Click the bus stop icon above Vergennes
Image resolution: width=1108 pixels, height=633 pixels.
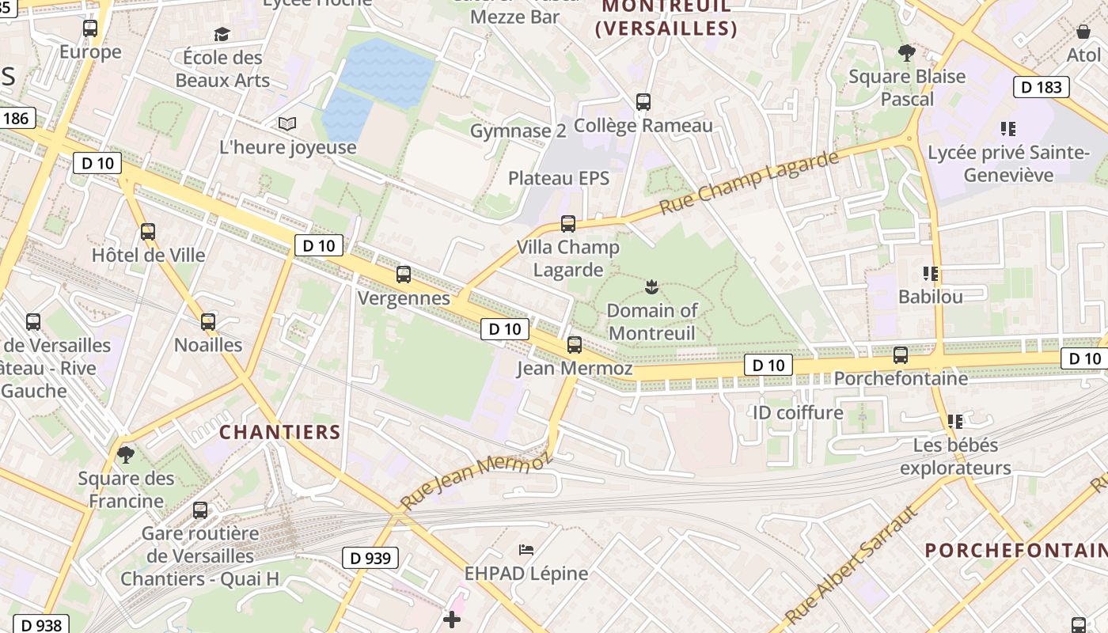coord(404,275)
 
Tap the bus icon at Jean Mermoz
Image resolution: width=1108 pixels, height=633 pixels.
coord(575,345)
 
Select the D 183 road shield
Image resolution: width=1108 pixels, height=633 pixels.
coord(1042,87)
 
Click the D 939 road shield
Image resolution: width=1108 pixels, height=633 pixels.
coord(370,558)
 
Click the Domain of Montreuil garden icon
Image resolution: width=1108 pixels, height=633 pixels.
coord(651,286)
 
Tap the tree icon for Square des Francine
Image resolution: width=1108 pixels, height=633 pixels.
coord(125,455)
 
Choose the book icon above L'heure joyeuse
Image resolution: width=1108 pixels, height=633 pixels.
coord(286,124)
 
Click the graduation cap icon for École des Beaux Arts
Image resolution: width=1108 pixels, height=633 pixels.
coord(222,34)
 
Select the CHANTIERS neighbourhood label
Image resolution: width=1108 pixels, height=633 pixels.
coord(279,433)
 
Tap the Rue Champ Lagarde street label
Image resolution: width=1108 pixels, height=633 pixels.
coord(749,183)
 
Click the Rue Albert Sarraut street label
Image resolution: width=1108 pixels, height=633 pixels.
coord(852,564)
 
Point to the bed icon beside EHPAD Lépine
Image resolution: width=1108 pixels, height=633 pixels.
coord(526,549)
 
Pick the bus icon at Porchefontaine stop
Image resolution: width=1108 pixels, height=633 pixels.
coord(901,355)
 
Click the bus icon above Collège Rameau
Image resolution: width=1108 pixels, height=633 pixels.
coord(643,102)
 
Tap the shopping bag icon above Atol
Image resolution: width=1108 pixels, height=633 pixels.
coord(1083,32)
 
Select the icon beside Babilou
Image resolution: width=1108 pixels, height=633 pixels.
coord(931,274)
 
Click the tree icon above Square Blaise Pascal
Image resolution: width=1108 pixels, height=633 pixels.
coord(907,53)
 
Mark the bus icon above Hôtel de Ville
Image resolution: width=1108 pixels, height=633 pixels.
coord(148,232)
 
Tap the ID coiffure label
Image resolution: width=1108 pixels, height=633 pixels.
coord(797,412)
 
